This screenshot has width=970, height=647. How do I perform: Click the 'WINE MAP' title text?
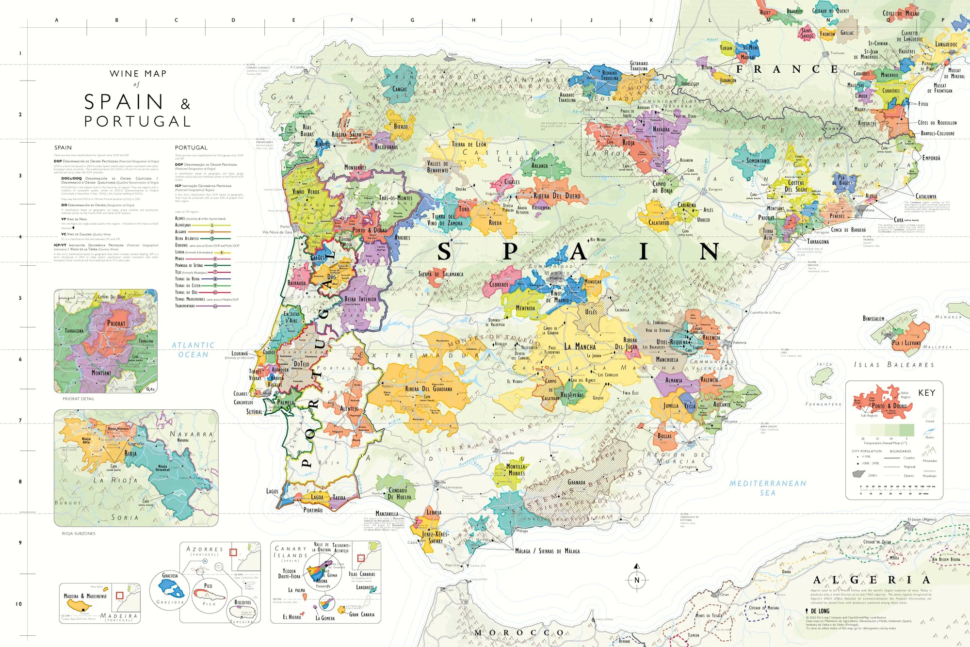(x=138, y=74)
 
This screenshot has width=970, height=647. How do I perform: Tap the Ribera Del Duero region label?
(x=556, y=196)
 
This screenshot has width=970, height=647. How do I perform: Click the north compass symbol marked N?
(x=637, y=580)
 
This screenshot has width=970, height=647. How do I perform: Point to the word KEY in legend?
(x=926, y=393)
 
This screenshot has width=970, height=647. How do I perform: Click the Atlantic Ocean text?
(x=193, y=350)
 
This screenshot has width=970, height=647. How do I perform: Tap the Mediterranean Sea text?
(x=767, y=487)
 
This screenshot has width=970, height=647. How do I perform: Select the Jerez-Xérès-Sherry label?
(x=435, y=537)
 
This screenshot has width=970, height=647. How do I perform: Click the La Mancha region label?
(x=580, y=347)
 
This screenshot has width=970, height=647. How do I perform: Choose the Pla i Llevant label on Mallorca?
(x=906, y=342)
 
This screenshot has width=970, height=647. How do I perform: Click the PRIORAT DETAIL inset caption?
(x=79, y=399)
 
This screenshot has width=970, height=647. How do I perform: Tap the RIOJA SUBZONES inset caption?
(x=79, y=534)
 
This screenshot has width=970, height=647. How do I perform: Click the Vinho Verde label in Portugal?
(x=306, y=192)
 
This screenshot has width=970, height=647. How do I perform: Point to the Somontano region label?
(x=758, y=161)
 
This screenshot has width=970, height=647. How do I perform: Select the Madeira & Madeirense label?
(x=85, y=596)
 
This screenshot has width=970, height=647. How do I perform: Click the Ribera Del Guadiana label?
(x=428, y=389)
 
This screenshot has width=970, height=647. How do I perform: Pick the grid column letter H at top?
(x=473, y=20)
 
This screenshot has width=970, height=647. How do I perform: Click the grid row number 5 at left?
(x=20, y=298)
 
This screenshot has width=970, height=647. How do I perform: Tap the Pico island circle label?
(x=208, y=585)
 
